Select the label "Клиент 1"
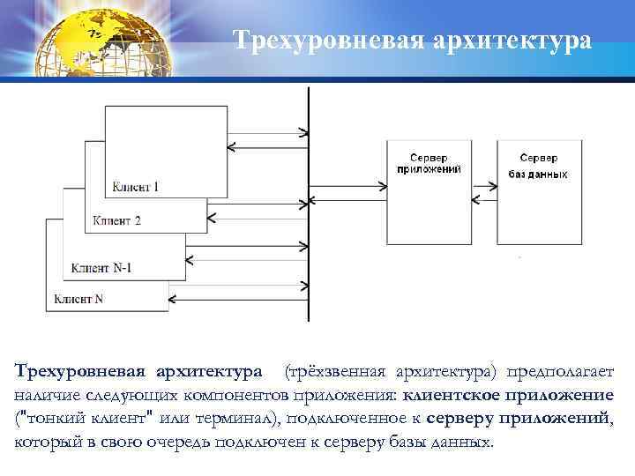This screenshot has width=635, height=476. point(136,187)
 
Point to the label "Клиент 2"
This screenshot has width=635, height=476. point(116,220)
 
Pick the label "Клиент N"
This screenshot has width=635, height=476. point(78,299)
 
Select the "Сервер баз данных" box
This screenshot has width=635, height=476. point(538,191)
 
